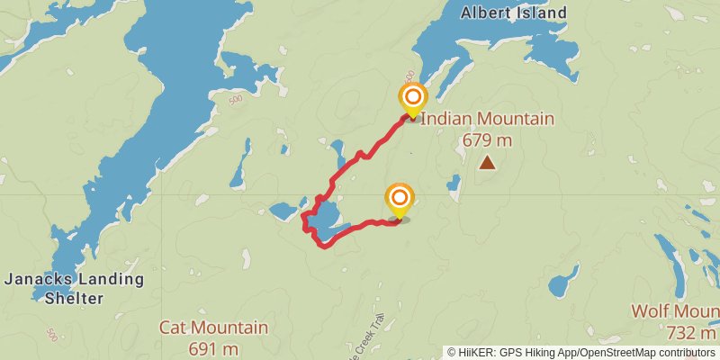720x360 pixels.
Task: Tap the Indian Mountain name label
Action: (487, 120)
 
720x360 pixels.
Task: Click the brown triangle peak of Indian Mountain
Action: (487, 163)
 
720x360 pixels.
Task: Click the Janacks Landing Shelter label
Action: (74, 288)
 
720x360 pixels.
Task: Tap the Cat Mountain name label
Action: (213, 328)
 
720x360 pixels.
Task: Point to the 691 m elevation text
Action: (213, 347)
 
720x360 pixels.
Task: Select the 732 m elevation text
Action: (690, 332)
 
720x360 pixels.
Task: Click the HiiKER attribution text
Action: (580, 352)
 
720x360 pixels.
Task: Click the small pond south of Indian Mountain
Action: (563, 282)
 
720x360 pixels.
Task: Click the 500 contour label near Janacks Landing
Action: (51, 335)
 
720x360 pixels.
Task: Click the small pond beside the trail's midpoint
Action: (337, 148)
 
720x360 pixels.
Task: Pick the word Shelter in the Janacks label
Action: (74, 298)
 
